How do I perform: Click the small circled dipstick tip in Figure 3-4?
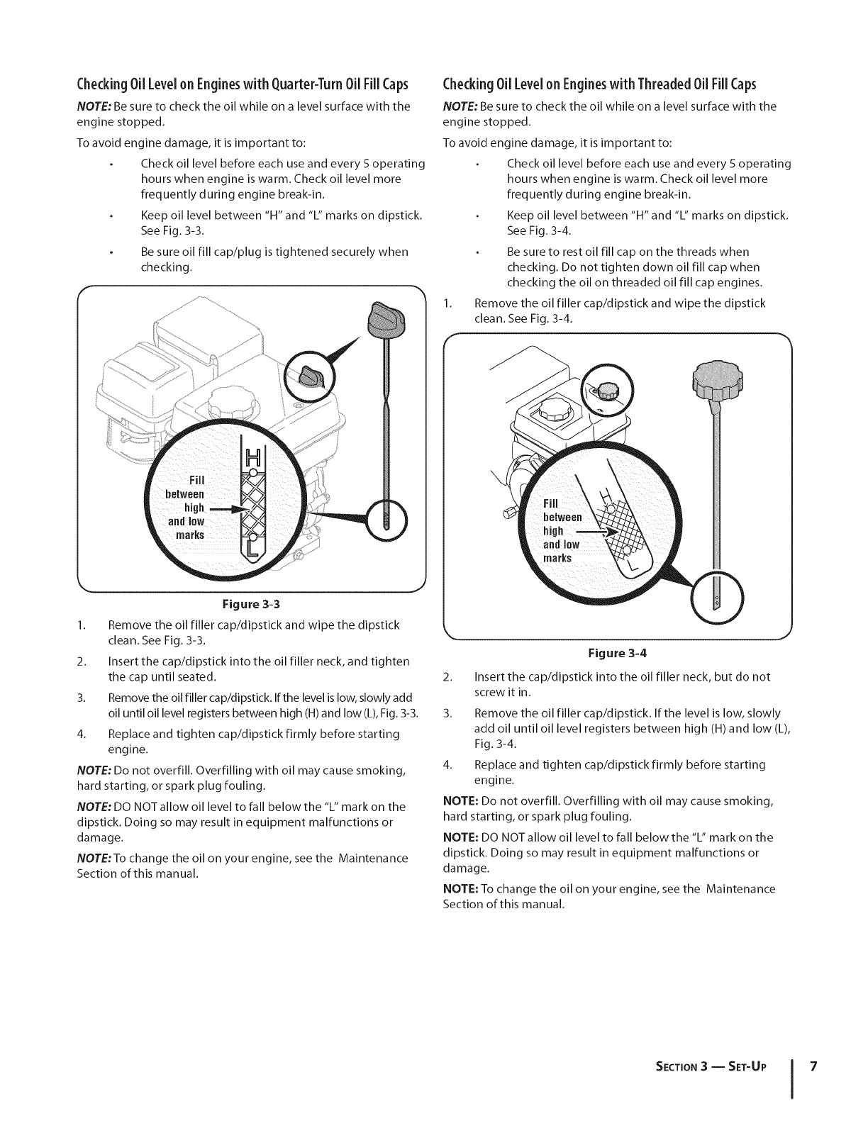[x=716, y=600]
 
